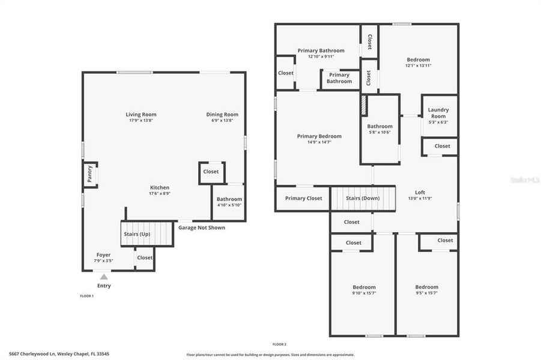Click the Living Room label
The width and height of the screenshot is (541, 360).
click(x=141, y=115)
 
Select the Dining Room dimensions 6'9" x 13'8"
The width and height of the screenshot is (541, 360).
click(x=222, y=121)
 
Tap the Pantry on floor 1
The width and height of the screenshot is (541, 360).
click(x=90, y=175)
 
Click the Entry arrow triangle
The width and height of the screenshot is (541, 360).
click(x=104, y=277)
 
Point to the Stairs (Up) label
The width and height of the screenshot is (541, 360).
click(x=136, y=234)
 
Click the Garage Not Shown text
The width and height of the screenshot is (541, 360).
click(x=202, y=227)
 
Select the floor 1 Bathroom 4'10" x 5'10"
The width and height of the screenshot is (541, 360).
click(x=229, y=202)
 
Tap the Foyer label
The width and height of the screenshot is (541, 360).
click(x=103, y=254)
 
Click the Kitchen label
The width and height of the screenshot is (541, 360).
click(x=160, y=187)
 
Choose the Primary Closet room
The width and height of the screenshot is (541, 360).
click(x=303, y=199)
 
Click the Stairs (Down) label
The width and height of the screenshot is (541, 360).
click(x=363, y=199)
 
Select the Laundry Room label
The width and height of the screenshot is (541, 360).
click(x=438, y=113)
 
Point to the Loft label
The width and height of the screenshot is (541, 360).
click(x=420, y=193)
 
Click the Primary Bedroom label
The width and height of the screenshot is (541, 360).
click(x=319, y=136)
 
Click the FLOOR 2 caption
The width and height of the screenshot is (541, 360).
click(x=279, y=344)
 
